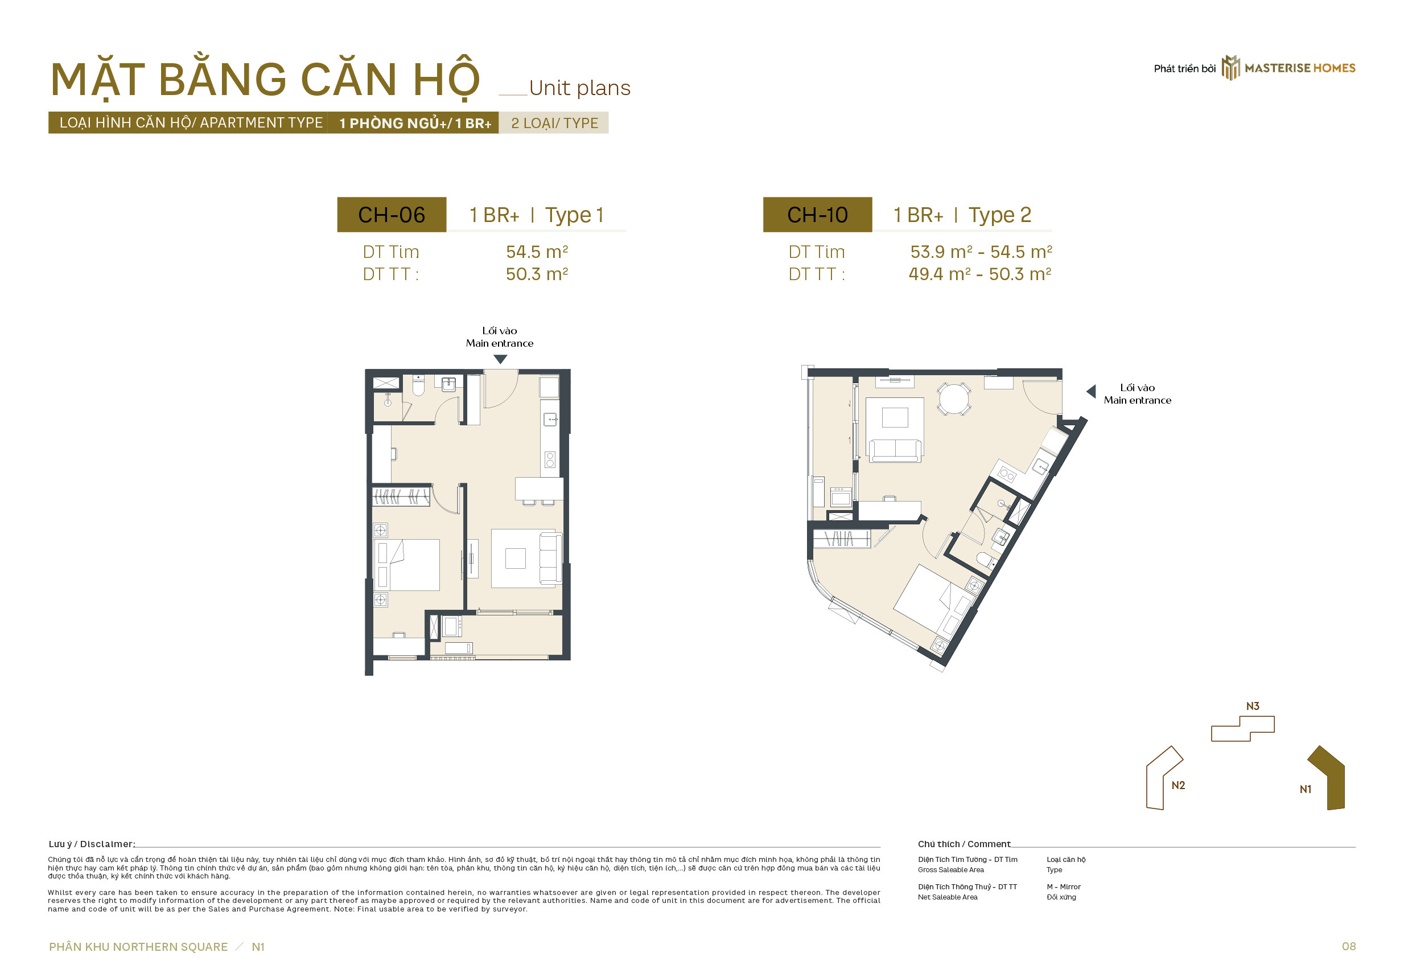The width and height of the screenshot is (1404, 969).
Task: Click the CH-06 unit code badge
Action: (392, 214)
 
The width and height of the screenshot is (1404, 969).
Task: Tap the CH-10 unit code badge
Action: (817, 214)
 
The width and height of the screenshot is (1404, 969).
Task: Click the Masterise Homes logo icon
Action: (1230, 67)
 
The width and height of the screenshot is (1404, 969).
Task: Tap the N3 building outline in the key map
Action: (1242, 728)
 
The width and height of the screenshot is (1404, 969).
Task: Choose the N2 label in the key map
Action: (1177, 785)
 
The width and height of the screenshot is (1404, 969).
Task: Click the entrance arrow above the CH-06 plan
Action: (500, 359)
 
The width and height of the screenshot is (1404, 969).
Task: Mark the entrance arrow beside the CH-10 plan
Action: (1091, 391)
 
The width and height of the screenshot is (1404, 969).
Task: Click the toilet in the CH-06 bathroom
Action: (418, 385)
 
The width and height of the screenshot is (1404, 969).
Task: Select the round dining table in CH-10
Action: (954, 399)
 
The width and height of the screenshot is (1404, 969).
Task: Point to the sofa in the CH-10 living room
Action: (896, 450)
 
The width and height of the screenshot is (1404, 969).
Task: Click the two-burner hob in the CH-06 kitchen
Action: (550, 459)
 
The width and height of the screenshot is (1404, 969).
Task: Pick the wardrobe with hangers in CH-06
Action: (401, 496)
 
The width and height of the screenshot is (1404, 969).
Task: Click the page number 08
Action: (1348, 946)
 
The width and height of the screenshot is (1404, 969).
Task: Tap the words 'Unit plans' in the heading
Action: (579, 88)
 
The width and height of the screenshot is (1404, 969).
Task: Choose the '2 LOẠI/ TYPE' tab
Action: (554, 123)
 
